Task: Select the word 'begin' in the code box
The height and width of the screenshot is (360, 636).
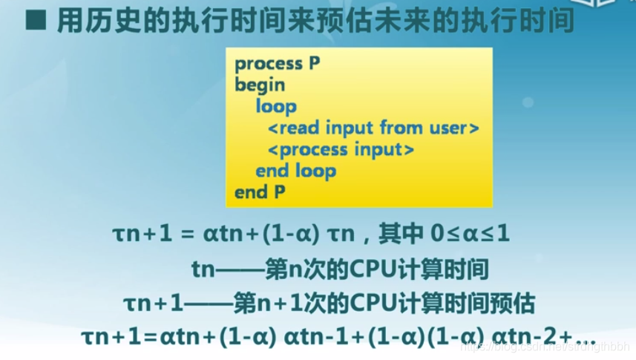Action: point(260,85)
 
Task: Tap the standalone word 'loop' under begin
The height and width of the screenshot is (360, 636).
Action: point(276,106)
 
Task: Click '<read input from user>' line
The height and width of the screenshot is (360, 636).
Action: point(373,128)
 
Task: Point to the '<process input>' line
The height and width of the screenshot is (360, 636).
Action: point(341,149)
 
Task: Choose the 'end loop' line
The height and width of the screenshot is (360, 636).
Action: point(295,171)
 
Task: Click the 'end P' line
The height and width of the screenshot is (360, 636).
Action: point(260,192)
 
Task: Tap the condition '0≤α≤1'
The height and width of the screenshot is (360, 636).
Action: point(471,234)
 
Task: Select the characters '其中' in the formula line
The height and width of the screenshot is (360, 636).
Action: point(401,234)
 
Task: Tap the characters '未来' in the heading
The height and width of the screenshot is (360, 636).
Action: point(404,21)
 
